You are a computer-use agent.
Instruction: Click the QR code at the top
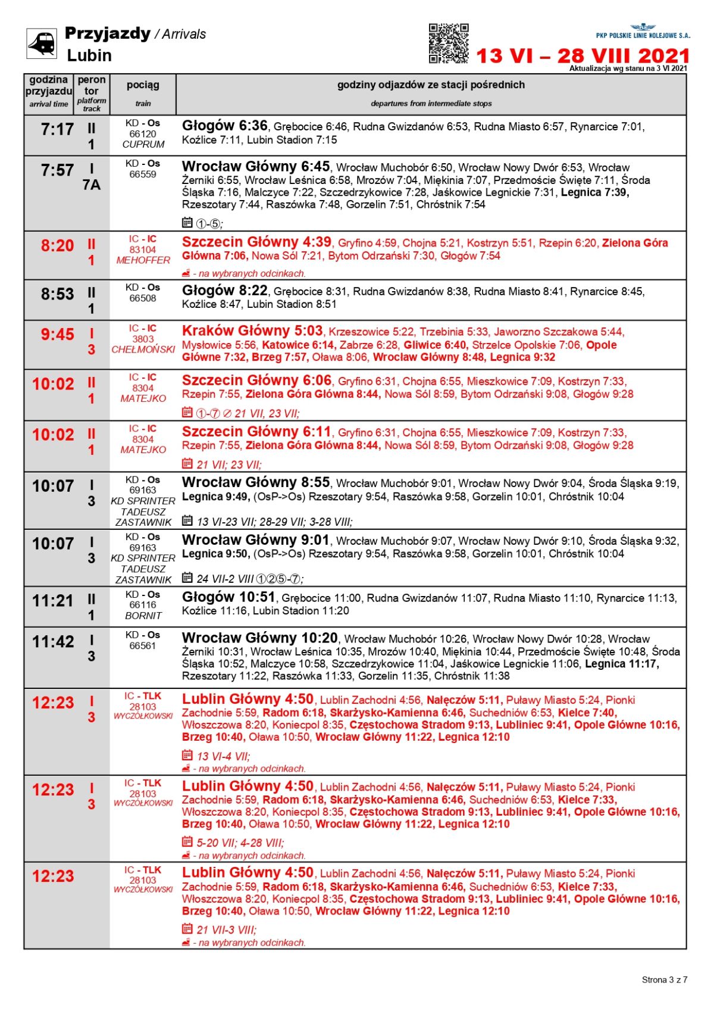click(449, 43)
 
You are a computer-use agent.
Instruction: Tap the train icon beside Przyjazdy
click(42, 43)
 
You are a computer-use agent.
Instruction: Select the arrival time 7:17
click(57, 129)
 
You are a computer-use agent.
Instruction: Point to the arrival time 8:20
click(57, 246)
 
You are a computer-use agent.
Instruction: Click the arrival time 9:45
click(57, 335)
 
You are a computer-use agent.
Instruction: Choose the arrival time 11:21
click(53, 601)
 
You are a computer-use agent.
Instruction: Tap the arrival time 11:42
click(53, 642)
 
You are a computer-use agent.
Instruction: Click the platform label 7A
click(92, 185)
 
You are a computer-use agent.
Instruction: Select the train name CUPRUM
click(143, 145)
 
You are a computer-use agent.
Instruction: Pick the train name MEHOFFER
click(143, 261)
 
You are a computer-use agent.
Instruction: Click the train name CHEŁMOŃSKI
click(143, 350)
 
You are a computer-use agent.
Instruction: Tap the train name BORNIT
click(143, 616)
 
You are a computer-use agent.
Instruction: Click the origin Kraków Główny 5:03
click(252, 331)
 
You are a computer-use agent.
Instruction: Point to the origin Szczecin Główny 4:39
click(256, 242)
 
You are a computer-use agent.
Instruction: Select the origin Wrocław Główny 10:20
click(259, 638)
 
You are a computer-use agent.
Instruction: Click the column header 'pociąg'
click(143, 85)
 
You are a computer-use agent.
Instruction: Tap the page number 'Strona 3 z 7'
click(664, 979)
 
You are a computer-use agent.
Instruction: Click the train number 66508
click(143, 298)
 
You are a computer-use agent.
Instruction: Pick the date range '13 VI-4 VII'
click(223, 756)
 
